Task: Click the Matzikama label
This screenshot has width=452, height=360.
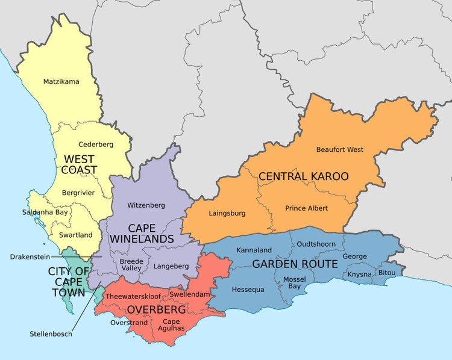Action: tap(61, 81)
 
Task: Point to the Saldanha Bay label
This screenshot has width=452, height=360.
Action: tap(45, 213)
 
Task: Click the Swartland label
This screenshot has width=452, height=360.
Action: tap(76, 235)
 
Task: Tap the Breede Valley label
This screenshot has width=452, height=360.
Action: tap(131, 265)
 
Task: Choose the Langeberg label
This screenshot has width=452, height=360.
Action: tap(171, 265)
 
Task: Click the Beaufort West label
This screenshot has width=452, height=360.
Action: tap(340, 149)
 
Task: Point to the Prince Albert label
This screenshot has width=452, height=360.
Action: tap(307, 208)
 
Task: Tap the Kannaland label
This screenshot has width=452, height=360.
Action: tap(254, 249)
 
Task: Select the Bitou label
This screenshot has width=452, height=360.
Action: tap(387, 273)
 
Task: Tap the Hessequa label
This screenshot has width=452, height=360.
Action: tap(248, 290)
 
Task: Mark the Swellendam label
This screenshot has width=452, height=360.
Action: tap(189, 294)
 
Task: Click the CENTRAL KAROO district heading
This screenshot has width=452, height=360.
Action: tap(303, 176)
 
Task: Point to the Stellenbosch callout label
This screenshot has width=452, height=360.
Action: tap(51, 334)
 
